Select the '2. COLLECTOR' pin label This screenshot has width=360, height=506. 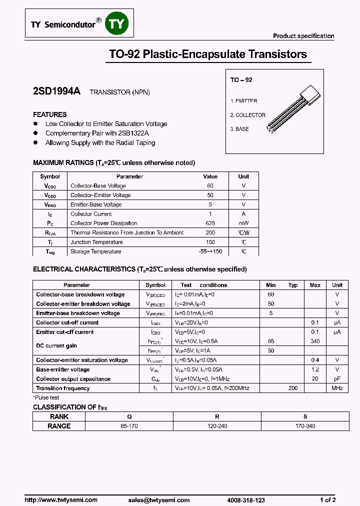click(247, 115)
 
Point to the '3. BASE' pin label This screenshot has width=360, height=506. click(239, 129)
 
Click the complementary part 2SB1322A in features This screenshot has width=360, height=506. click(133, 133)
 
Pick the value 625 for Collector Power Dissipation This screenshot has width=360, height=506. click(210, 223)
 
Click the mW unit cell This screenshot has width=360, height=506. click(243, 223)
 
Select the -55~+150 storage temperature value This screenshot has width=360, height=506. click(210, 251)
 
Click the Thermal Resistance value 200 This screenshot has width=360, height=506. click(210, 233)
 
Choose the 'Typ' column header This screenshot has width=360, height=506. click(293, 285)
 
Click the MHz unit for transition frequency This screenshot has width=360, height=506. click(337, 388)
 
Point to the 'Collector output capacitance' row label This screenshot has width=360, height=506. click(73, 379)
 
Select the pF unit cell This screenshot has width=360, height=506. click(337, 379)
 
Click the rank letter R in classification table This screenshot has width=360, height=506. click(216, 416)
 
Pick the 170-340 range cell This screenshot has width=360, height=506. click(305, 426)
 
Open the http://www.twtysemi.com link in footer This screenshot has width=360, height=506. click(61, 500)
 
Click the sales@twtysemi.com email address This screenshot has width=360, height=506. click(159, 500)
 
